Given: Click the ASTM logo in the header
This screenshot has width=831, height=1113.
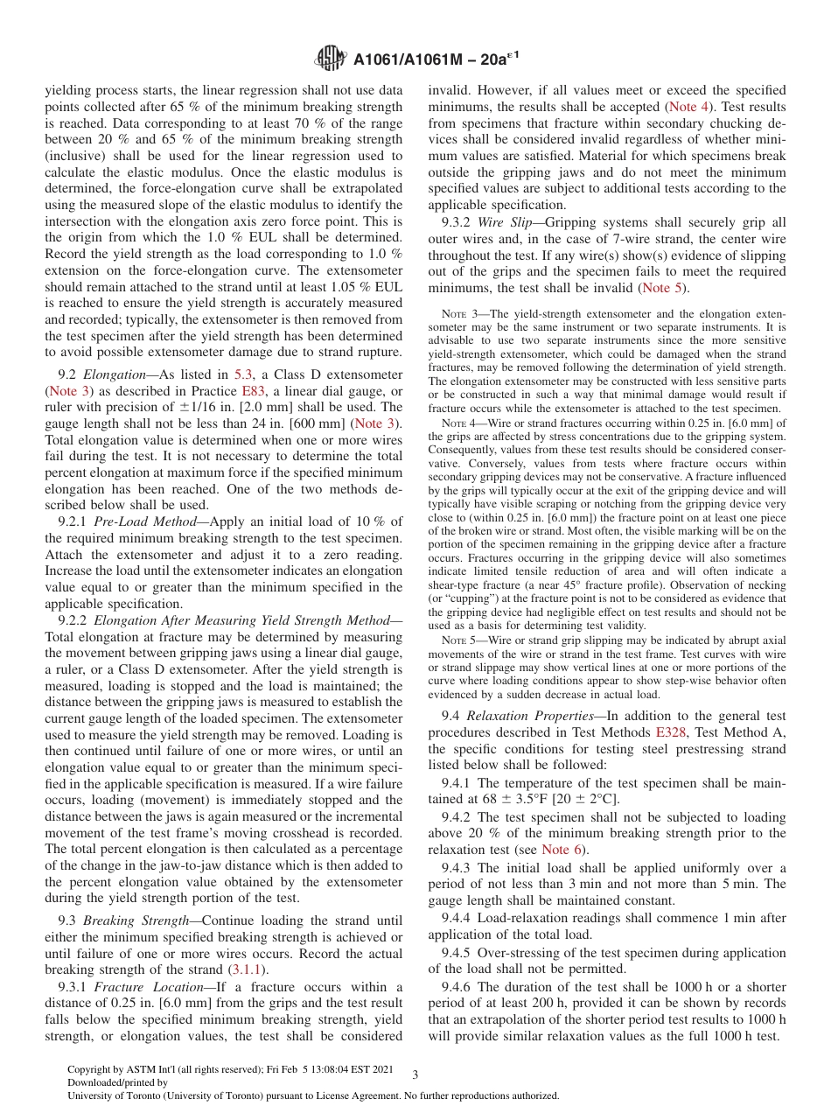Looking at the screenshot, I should coord(331,59).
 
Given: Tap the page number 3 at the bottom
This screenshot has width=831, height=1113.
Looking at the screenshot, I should coord(415,1075).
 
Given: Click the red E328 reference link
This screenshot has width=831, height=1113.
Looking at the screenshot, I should coord(670,731).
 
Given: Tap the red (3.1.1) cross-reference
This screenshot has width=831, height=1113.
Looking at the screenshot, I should coord(248,969).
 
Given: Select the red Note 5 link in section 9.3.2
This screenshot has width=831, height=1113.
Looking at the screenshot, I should coord(663,288).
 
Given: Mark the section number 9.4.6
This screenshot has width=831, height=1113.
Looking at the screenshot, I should coord(457,986).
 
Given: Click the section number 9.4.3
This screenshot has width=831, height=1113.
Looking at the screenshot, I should coord(457,868).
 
